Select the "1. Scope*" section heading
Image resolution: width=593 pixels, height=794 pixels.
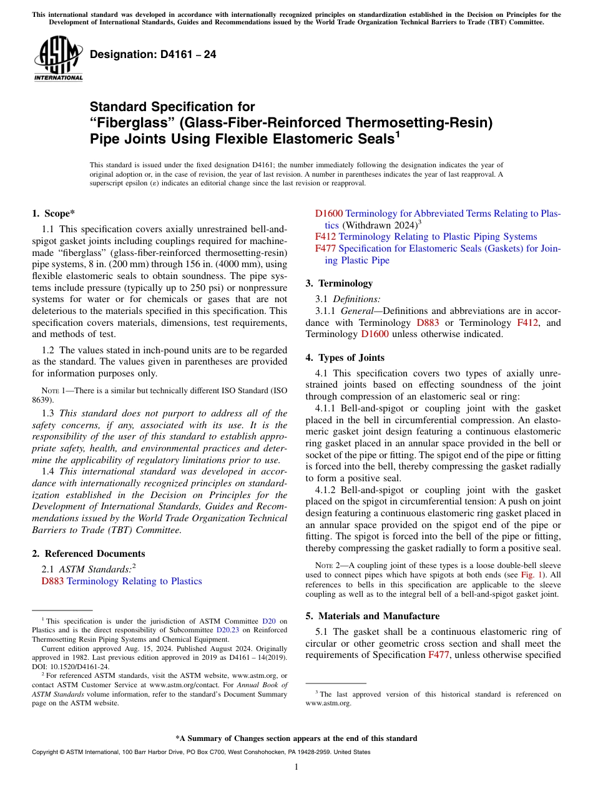[x=53, y=213]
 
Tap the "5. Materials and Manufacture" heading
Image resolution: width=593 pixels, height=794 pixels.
[x=372, y=616]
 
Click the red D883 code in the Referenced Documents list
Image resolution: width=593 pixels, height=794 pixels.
[x=52, y=581]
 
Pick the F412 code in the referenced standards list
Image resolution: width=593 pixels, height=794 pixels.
[x=325, y=237]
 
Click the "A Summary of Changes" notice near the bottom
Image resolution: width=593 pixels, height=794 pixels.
[x=296, y=738]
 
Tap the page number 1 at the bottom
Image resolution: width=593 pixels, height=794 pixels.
[x=296, y=767]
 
